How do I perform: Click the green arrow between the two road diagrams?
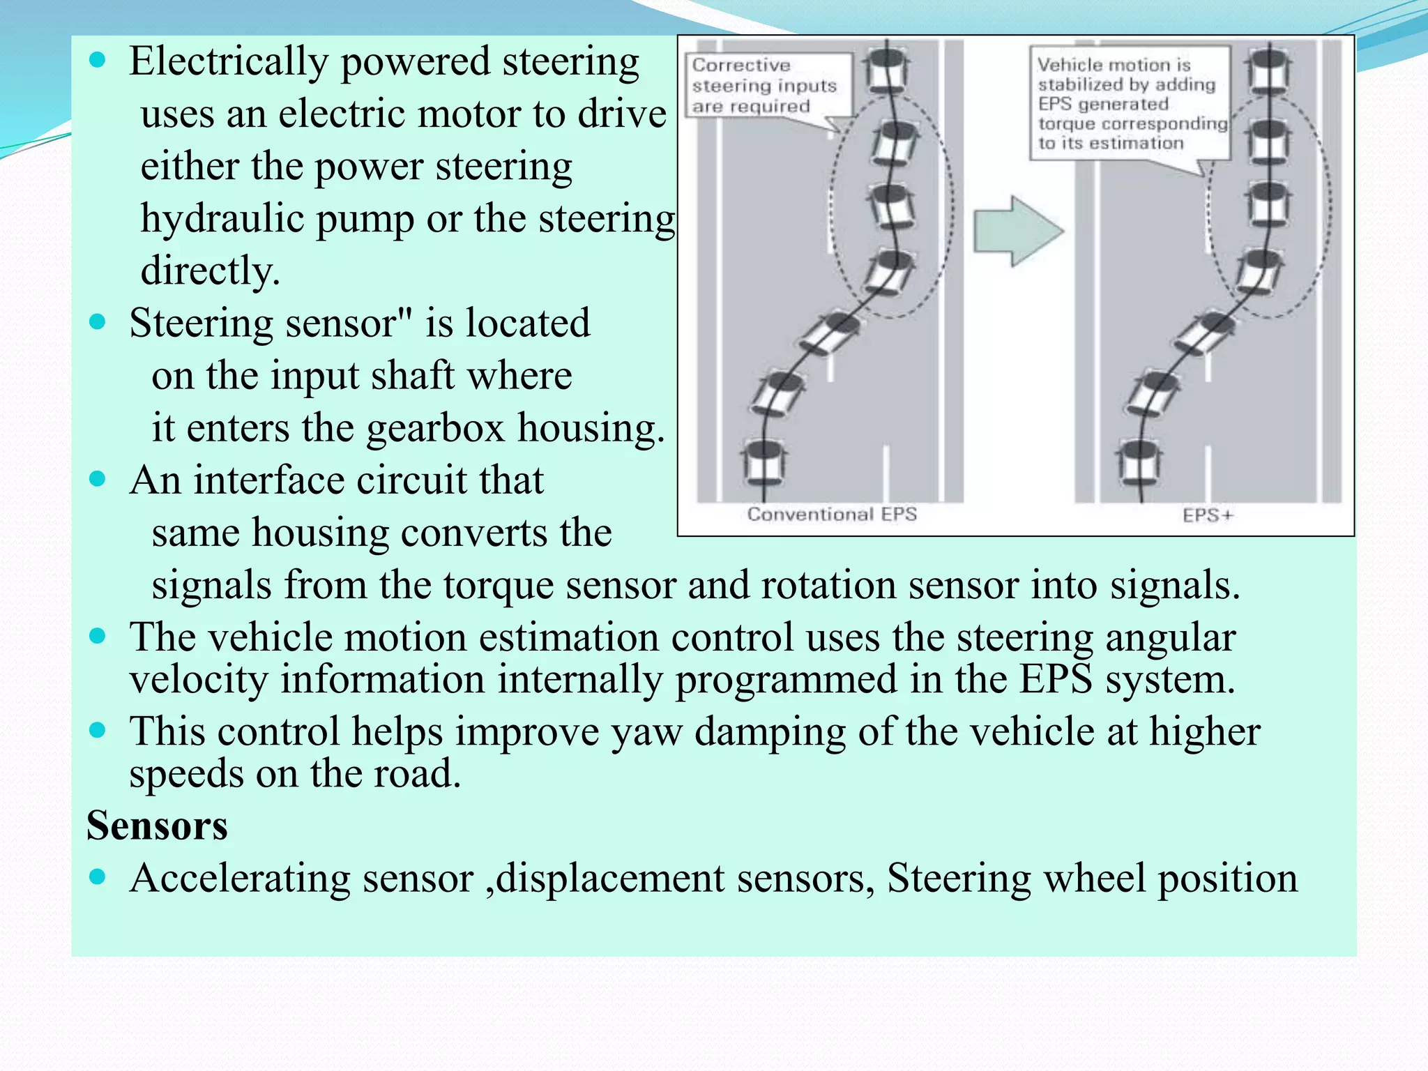click(x=1016, y=231)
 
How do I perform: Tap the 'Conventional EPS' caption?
click(x=831, y=515)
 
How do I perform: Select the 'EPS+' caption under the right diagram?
click(x=1207, y=516)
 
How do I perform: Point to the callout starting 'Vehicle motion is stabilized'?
click(x=1130, y=103)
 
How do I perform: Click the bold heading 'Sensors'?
click(x=157, y=826)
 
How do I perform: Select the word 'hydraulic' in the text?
click(x=222, y=219)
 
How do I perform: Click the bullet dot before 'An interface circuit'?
click(x=98, y=479)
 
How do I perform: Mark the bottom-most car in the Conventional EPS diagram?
click(x=764, y=462)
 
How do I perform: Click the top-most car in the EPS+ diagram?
click(x=1269, y=70)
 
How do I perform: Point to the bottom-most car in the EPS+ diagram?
click(x=1139, y=462)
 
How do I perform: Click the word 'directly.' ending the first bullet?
click(x=210, y=271)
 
